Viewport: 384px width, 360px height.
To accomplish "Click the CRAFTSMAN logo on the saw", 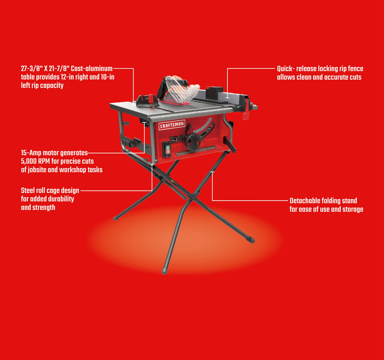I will point(172,125).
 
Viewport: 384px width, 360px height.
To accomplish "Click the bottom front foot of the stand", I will point(165,271).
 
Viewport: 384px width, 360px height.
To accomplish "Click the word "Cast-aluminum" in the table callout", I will point(92,69).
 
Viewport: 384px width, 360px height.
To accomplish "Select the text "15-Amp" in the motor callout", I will point(31,153).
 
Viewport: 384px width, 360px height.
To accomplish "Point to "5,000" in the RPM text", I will point(29,161).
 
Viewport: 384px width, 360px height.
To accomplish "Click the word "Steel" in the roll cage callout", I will point(28,191).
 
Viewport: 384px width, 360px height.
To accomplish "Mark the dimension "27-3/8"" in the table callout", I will point(32,69).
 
